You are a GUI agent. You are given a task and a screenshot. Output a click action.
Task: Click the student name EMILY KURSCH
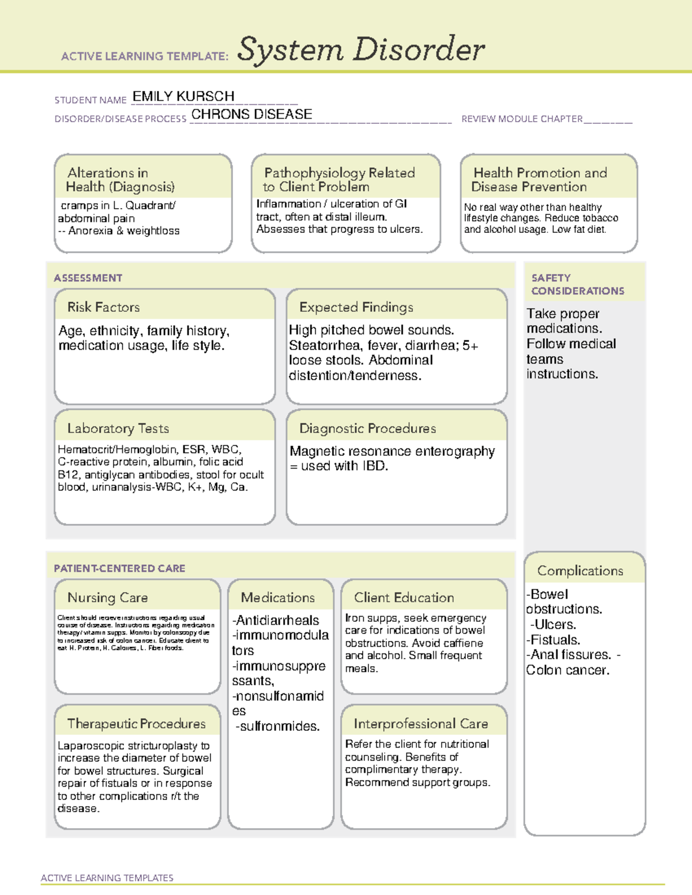tap(183, 96)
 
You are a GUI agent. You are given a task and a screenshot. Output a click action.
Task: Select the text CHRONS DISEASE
tap(251, 114)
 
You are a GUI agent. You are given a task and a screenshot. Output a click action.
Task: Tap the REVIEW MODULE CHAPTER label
tap(521, 119)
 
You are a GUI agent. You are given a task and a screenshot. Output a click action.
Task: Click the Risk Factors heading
tap(103, 307)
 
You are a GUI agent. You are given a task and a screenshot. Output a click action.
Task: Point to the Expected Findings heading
tap(356, 307)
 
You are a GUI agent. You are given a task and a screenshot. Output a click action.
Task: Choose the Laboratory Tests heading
tap(118, 428)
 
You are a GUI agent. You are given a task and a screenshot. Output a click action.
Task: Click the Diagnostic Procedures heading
tap(367, 428)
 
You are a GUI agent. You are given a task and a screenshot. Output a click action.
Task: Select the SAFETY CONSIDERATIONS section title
tap(577, 284)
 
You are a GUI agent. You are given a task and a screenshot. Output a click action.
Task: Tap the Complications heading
tap(580, 571)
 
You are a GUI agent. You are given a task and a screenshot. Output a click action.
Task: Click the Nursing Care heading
tap(107, 598)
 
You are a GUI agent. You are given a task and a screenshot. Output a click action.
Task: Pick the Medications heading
tap(277, 598)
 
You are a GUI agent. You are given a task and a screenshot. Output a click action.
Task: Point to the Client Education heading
tap(404, 598)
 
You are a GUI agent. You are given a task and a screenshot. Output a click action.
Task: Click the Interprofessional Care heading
tap(420, 723)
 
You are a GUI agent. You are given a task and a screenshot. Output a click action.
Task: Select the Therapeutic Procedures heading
tap(136, 723)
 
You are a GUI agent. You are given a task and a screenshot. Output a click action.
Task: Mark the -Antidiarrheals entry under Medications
tap(276, 620)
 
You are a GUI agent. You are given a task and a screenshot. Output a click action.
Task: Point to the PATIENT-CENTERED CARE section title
tap(119, 568)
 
